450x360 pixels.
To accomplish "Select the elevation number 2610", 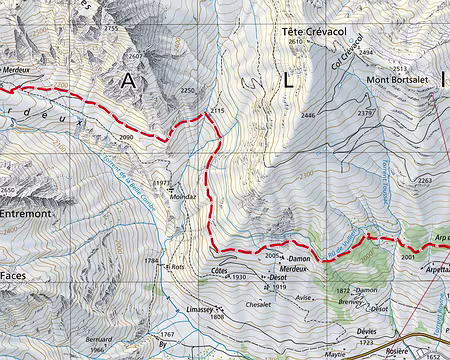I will click(293, 43).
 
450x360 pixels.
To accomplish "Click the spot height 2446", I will click(307, 116).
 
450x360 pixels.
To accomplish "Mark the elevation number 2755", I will click(110, 29).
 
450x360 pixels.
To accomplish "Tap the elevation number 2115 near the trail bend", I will click(219, 109).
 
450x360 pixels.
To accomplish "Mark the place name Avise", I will click(305, 298).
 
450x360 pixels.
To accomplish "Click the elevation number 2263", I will click(424, 181).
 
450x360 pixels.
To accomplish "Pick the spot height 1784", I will click(152, 261).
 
